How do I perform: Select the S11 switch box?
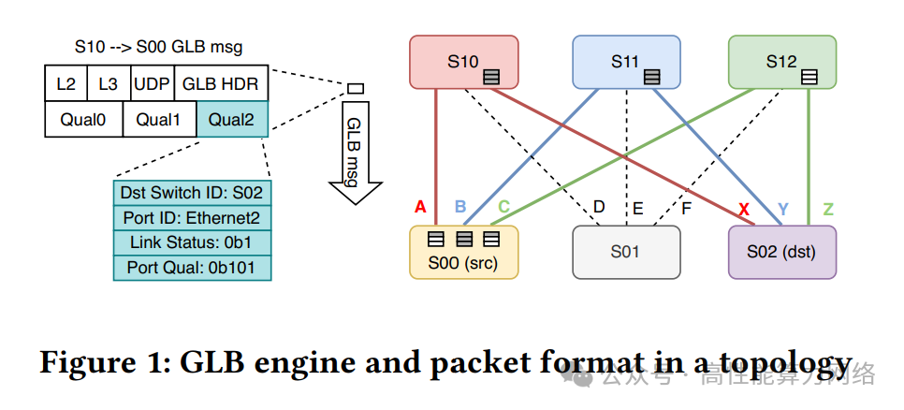coord(625,62)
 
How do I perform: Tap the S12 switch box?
coord(782,62)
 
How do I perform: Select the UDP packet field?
coord(151,84)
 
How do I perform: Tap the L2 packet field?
coord(66,84)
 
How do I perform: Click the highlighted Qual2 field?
coord(231,120)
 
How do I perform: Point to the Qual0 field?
coord(84,120)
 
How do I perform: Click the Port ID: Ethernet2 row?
coord(190,218)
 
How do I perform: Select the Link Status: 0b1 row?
coord(190,243)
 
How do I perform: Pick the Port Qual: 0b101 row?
coord(190,269)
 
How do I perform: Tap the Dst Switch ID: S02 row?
coord(190,193)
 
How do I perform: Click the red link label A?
coord(420,207)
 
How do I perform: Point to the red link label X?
coord(744,210)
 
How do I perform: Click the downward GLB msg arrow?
coord(356,150)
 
